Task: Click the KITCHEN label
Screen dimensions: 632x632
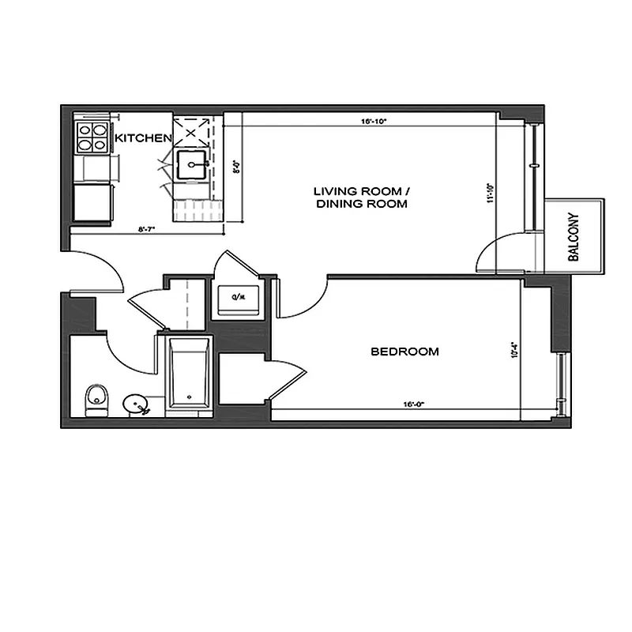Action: pyautogui.click(x=143, y=138)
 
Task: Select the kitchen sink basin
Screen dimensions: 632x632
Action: pyautogui.click(x=192, y=165)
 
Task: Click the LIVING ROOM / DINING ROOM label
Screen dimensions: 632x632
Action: pyautogui.click(x=361, y=197)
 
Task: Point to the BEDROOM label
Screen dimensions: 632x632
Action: pyautogui.click(x=404, y=352)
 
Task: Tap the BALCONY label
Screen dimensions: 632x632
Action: pyautogui.click(x=574, y=238)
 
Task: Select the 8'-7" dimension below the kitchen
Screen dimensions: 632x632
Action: pyautogui.click(x=147, y=230)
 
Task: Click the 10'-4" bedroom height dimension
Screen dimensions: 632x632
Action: pyautogui.click(x=514, y=350)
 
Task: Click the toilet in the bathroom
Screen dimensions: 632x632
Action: pyautogui.click(x=96, y=400)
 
